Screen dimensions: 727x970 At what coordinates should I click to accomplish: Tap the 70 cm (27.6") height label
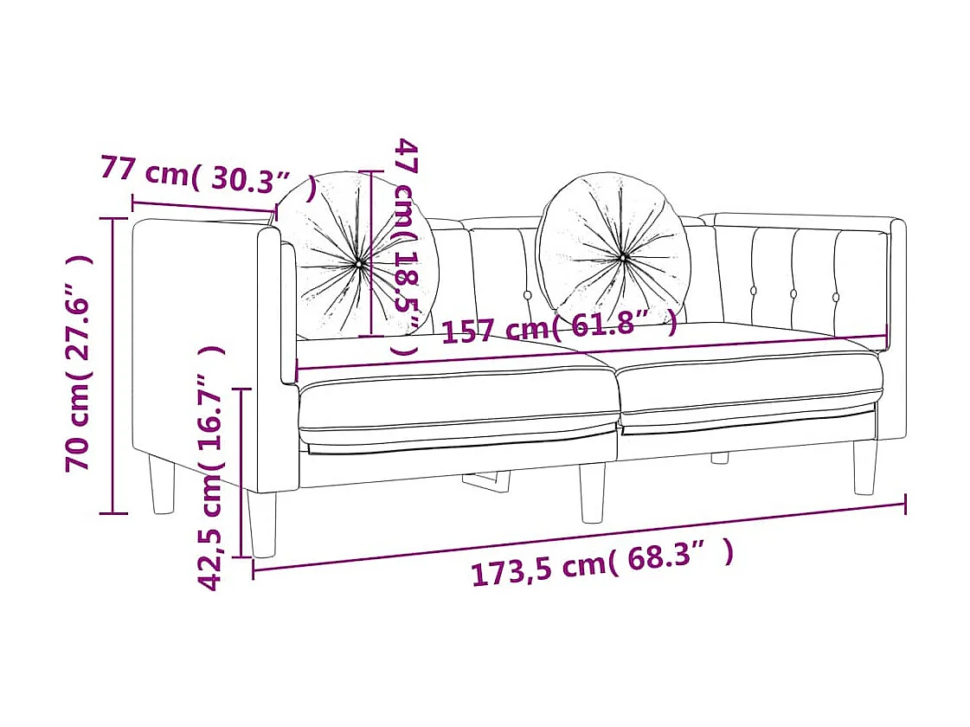[79, 363]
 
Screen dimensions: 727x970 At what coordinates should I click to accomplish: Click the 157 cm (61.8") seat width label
[559, 326]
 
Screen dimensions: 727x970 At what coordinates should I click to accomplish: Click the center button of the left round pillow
[359, 261]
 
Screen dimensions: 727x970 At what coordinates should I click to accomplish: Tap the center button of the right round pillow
[622, 257]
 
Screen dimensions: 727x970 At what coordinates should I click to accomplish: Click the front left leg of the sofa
[261, 524]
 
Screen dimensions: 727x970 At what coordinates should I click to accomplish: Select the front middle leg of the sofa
[592, 492]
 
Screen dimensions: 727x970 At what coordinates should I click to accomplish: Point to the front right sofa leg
[864, 467]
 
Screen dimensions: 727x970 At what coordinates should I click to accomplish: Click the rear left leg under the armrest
[162, 485]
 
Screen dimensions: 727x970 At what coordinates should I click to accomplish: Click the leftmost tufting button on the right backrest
[754, 291]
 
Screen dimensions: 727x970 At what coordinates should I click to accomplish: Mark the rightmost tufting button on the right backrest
[836, 297]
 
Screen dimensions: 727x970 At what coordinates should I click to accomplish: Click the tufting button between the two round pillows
[530, 295]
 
